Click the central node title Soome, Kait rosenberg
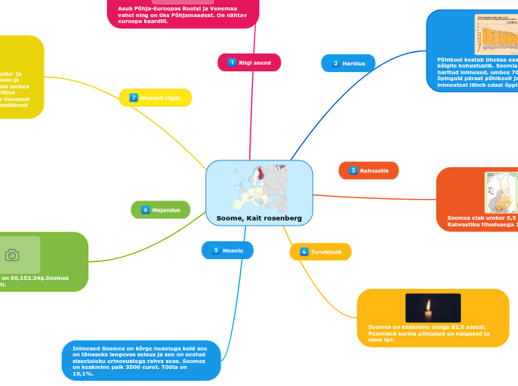tap(259, 219)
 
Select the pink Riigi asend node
tap(250, 62)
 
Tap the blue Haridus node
tap(348, 63)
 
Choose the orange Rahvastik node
tap(369, 171)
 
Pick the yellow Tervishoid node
tap(320, 252)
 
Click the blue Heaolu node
tap(227, 250)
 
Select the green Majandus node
tap(161, 210)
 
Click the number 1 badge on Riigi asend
tap(233, 62)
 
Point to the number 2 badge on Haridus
tap(335, 63)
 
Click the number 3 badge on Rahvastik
tap(353, 171)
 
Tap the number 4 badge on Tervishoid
tap(304, 252)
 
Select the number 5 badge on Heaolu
tap(216, 250)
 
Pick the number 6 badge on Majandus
tap(146, 210)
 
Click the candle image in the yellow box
tap(433, 307)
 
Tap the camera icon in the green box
tap(13, 255)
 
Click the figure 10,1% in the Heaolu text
tap(82, 374)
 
